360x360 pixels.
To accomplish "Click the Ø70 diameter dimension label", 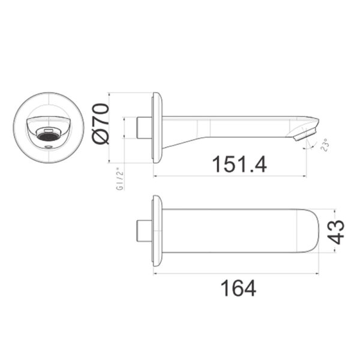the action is [101, 124].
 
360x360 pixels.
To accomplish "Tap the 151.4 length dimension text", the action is [239, 164].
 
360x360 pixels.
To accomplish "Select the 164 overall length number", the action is [238, 288].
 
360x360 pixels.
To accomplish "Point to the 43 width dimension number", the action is [336, 232].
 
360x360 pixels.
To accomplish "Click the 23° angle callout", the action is [326, 145].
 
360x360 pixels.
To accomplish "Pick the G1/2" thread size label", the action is [120, 180].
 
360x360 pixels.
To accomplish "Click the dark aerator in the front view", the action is [49, 137].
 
